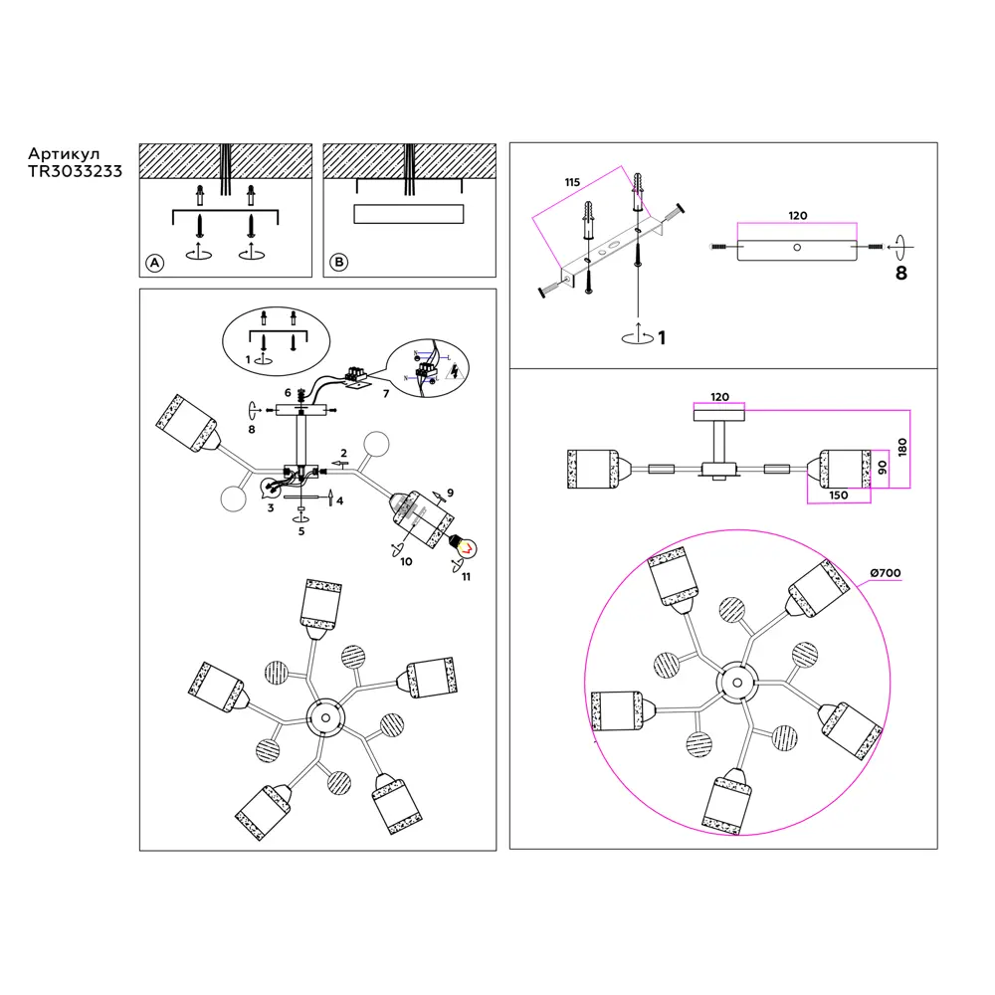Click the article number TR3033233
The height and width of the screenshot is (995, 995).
(76, 171)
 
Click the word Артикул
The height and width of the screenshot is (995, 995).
(64, 154)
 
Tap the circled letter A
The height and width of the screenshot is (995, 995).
(153, 263)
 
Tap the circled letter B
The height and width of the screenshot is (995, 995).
(339, 263)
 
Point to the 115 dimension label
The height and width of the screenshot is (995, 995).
(571, 182)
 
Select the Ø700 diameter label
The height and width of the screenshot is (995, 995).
(885, 573)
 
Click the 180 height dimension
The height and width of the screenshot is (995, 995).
(900, 449)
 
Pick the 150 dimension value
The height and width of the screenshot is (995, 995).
(837, 495)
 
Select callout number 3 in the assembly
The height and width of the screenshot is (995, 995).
(270, 508)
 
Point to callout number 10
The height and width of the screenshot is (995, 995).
(405, 562)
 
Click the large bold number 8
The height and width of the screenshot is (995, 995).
(900, 273)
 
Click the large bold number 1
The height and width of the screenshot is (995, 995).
(661, 338)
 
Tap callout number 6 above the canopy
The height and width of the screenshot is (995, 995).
(287, 393)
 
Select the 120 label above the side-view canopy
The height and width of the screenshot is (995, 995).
(719, 397)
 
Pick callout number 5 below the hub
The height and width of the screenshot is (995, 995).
(300, 530)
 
